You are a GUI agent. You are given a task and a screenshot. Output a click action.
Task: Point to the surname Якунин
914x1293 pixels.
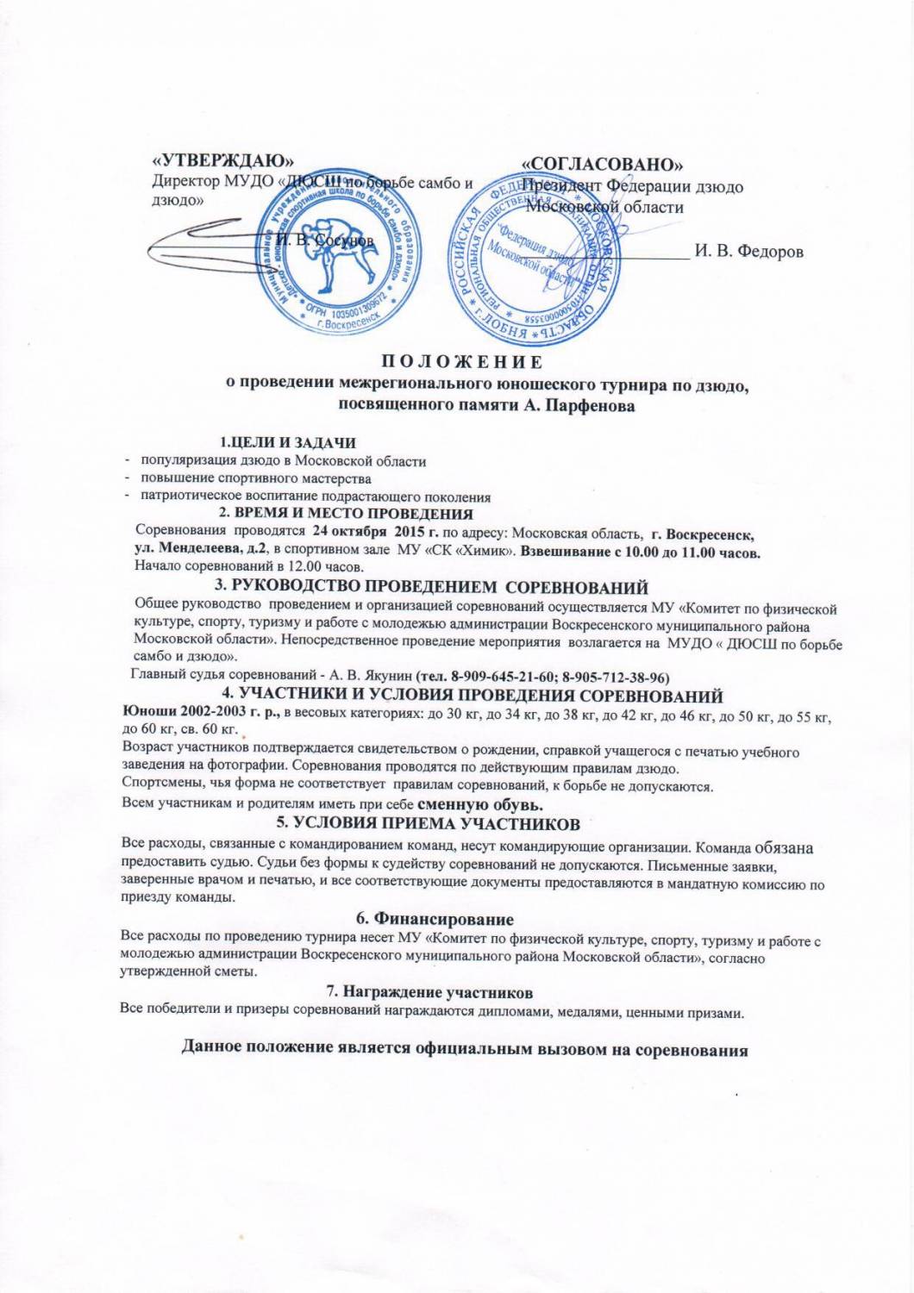point(380,674)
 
